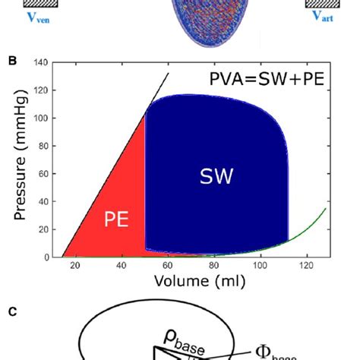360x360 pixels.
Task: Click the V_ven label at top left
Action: point(29,17)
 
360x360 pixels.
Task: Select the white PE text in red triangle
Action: point(116,220)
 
